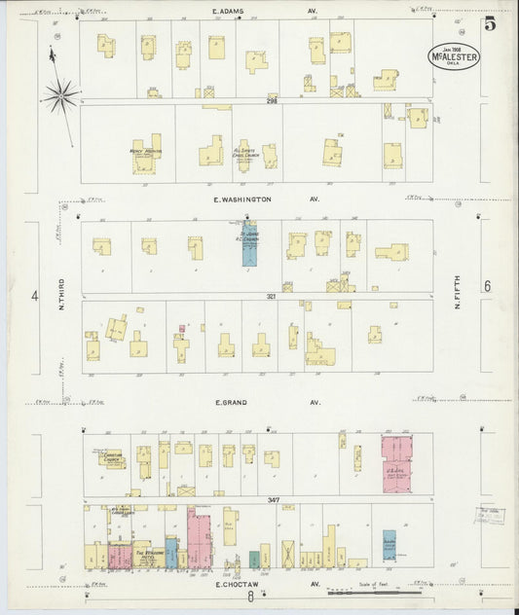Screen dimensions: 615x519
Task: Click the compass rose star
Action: point(60,94)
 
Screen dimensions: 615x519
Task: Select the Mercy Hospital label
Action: point(144,153)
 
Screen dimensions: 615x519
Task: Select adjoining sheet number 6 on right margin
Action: point(486,285)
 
